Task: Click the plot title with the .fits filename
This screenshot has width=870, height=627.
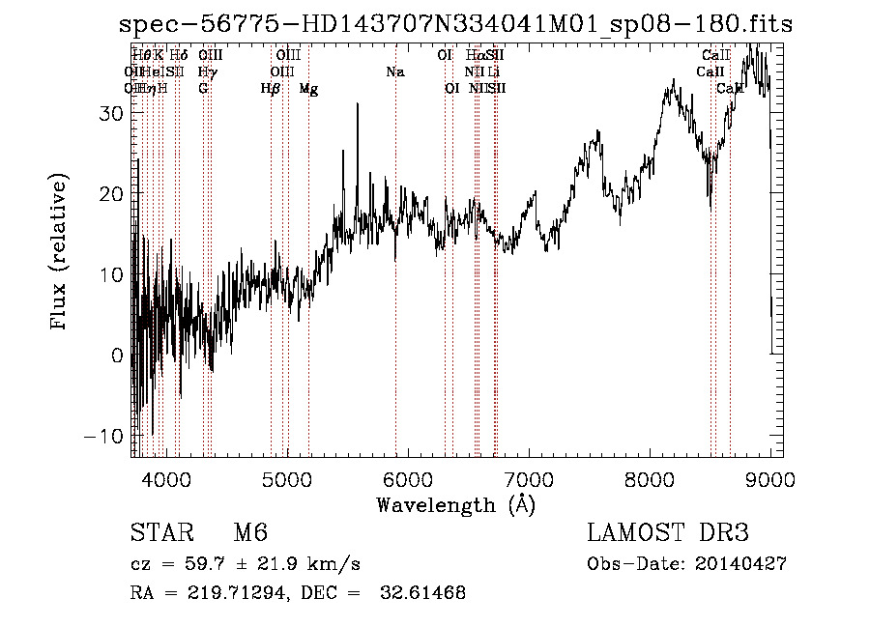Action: point(450,25)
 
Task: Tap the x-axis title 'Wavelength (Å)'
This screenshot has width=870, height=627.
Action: point(455,504)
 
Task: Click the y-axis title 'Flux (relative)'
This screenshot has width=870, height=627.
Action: point(60,253)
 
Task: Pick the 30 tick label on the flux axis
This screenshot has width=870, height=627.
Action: point(111,113)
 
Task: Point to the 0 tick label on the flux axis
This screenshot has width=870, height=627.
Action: point(117,356)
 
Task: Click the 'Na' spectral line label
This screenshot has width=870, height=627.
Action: point(394,71)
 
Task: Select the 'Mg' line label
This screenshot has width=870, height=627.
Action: point(308,89)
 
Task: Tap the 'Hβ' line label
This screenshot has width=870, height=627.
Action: point(271,89)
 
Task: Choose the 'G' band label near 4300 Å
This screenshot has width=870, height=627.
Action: point(203,89)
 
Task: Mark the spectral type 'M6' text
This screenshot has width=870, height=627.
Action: point(250,534)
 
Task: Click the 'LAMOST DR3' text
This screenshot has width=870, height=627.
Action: point(667,534)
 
